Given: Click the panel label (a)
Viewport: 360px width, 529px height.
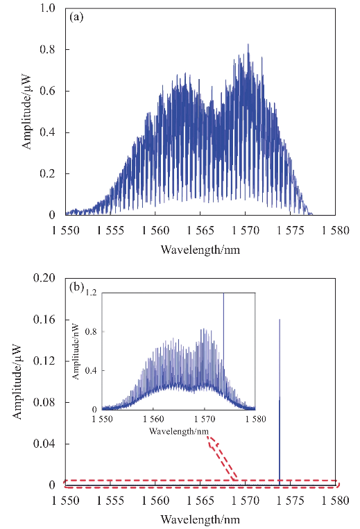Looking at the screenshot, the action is (76, 17).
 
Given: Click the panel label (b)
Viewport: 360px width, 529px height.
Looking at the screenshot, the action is (76, 287).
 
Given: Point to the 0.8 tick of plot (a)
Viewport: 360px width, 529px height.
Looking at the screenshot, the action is (47, 49).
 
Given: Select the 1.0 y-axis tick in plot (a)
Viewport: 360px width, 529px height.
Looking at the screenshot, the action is (47, 8).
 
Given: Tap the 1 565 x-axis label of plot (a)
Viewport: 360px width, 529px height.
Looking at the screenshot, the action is (200, 230).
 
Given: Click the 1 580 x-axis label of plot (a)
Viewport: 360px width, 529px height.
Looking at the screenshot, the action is (335, 230).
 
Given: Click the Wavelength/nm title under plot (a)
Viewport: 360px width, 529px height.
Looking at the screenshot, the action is (200, 250).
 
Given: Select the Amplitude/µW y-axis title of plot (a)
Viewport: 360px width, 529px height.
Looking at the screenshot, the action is (26, 112).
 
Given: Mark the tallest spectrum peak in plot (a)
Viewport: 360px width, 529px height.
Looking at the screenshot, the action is (248, 44).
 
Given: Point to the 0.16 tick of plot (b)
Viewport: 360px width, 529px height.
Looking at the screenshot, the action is (44, 319).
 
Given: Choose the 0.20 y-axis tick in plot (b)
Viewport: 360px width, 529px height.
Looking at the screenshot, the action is (44, 277).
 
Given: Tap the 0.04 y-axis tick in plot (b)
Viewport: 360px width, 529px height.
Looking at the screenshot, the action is (44, 444).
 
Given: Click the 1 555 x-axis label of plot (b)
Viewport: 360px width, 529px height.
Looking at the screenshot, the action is (110, 501).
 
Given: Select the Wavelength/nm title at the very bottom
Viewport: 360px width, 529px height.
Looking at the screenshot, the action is (200, 519).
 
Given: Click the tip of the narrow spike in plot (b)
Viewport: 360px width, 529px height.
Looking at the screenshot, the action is (280, 319).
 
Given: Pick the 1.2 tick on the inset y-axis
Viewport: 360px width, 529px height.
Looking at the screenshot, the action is (91, 293).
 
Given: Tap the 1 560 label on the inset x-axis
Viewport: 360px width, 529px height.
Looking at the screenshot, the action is (153, 419).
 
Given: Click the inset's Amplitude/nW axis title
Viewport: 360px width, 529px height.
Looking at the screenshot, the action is (76, 352).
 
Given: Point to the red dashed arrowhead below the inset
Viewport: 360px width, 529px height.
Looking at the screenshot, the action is (212, 442).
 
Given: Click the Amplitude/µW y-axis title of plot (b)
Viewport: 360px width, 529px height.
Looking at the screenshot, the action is (17, 381).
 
